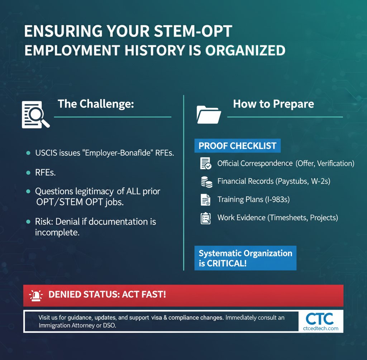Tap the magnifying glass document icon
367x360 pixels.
[35, 114]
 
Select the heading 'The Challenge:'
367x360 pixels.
[96, 104]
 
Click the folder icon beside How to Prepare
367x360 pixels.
[209, 114]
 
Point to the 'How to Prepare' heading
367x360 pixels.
[273, 104]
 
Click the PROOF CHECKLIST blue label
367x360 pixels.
[237, 146]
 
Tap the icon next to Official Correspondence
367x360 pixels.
[206, 163]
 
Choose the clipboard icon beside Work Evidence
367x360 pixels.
[206, 218]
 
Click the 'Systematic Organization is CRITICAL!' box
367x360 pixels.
[245, 258]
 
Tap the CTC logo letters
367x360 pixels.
[320, 318]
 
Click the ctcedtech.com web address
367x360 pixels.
[320, 328]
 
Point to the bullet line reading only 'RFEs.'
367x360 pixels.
[46, 173]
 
